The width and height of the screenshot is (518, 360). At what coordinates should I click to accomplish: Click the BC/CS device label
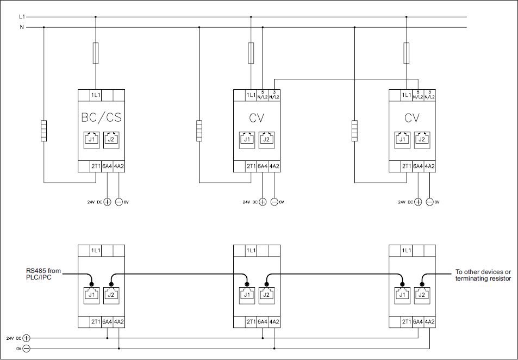102,116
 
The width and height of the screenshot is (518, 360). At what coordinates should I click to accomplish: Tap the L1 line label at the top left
22,17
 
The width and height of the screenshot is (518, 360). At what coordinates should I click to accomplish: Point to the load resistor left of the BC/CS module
43,131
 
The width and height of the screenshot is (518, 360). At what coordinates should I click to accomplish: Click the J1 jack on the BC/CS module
92,139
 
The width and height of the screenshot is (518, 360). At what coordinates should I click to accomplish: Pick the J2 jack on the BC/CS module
111,139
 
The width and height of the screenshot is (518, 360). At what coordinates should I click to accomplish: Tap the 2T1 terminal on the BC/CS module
96,166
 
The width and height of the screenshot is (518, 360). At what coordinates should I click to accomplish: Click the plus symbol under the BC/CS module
107,202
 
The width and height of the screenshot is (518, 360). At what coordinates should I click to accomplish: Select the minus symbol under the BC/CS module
119,202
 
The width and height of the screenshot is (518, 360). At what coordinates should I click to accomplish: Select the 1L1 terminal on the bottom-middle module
251,251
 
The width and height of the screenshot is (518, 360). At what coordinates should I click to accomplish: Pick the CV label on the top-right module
412,117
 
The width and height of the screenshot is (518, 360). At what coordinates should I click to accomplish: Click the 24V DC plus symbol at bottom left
26,338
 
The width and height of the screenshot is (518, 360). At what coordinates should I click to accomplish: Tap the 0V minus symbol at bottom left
26,348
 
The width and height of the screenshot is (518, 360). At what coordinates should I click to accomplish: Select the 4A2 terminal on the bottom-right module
430,322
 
